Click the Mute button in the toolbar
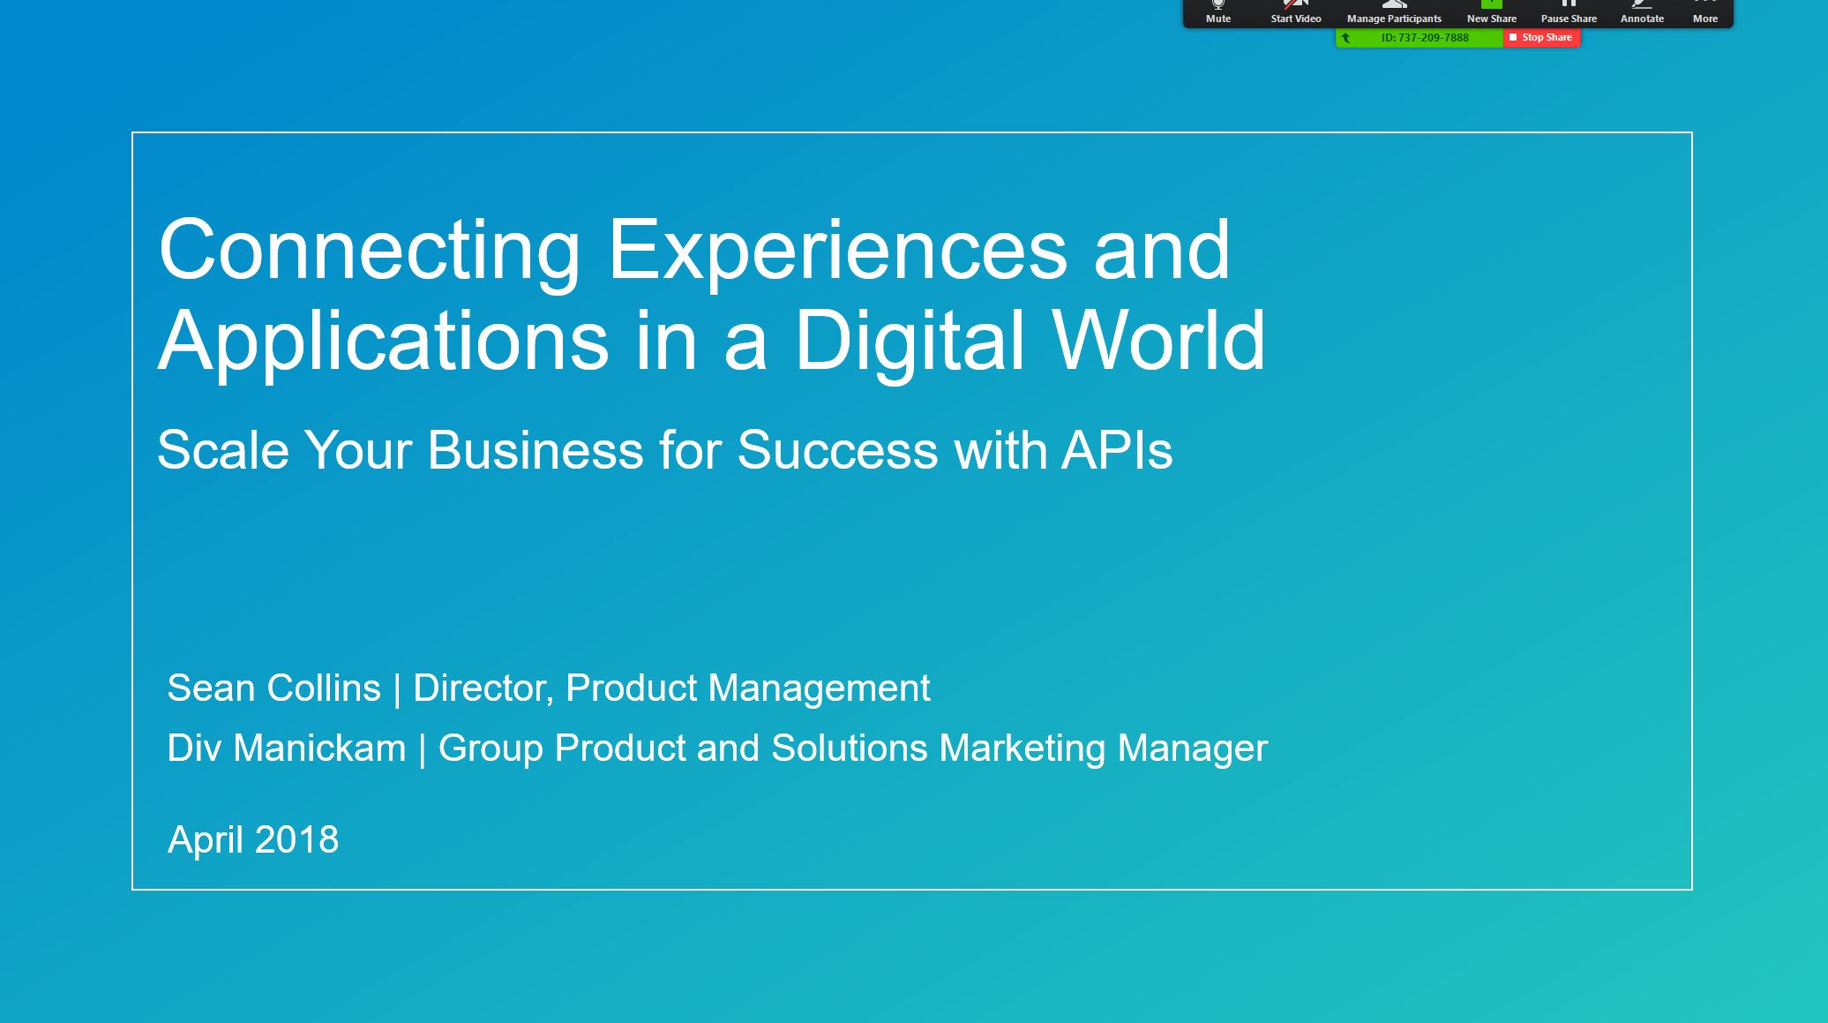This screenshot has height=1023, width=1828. click(x=1218, y=12)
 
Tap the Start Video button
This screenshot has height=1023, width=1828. click(x=1295, y=12)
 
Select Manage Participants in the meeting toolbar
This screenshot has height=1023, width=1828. click(x=1394, y=12)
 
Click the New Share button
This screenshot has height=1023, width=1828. click(x=1492, y=12)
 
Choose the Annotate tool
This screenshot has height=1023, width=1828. click(x=1642, y=12)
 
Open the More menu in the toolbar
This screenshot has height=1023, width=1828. click(x=1704, y=12)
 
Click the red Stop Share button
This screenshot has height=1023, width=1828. click(x=1541, y=38)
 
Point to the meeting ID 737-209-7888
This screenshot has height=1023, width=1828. click(x=1425, y=38)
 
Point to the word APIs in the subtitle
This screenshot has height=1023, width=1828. click(x=1117, y=450)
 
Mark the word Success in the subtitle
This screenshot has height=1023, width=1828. click(x=837, y=450)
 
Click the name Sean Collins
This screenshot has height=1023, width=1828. click(x=273, y=688)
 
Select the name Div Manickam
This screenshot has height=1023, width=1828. click(x=287, y=748)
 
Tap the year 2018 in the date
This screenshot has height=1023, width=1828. click(x=296, y=839)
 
